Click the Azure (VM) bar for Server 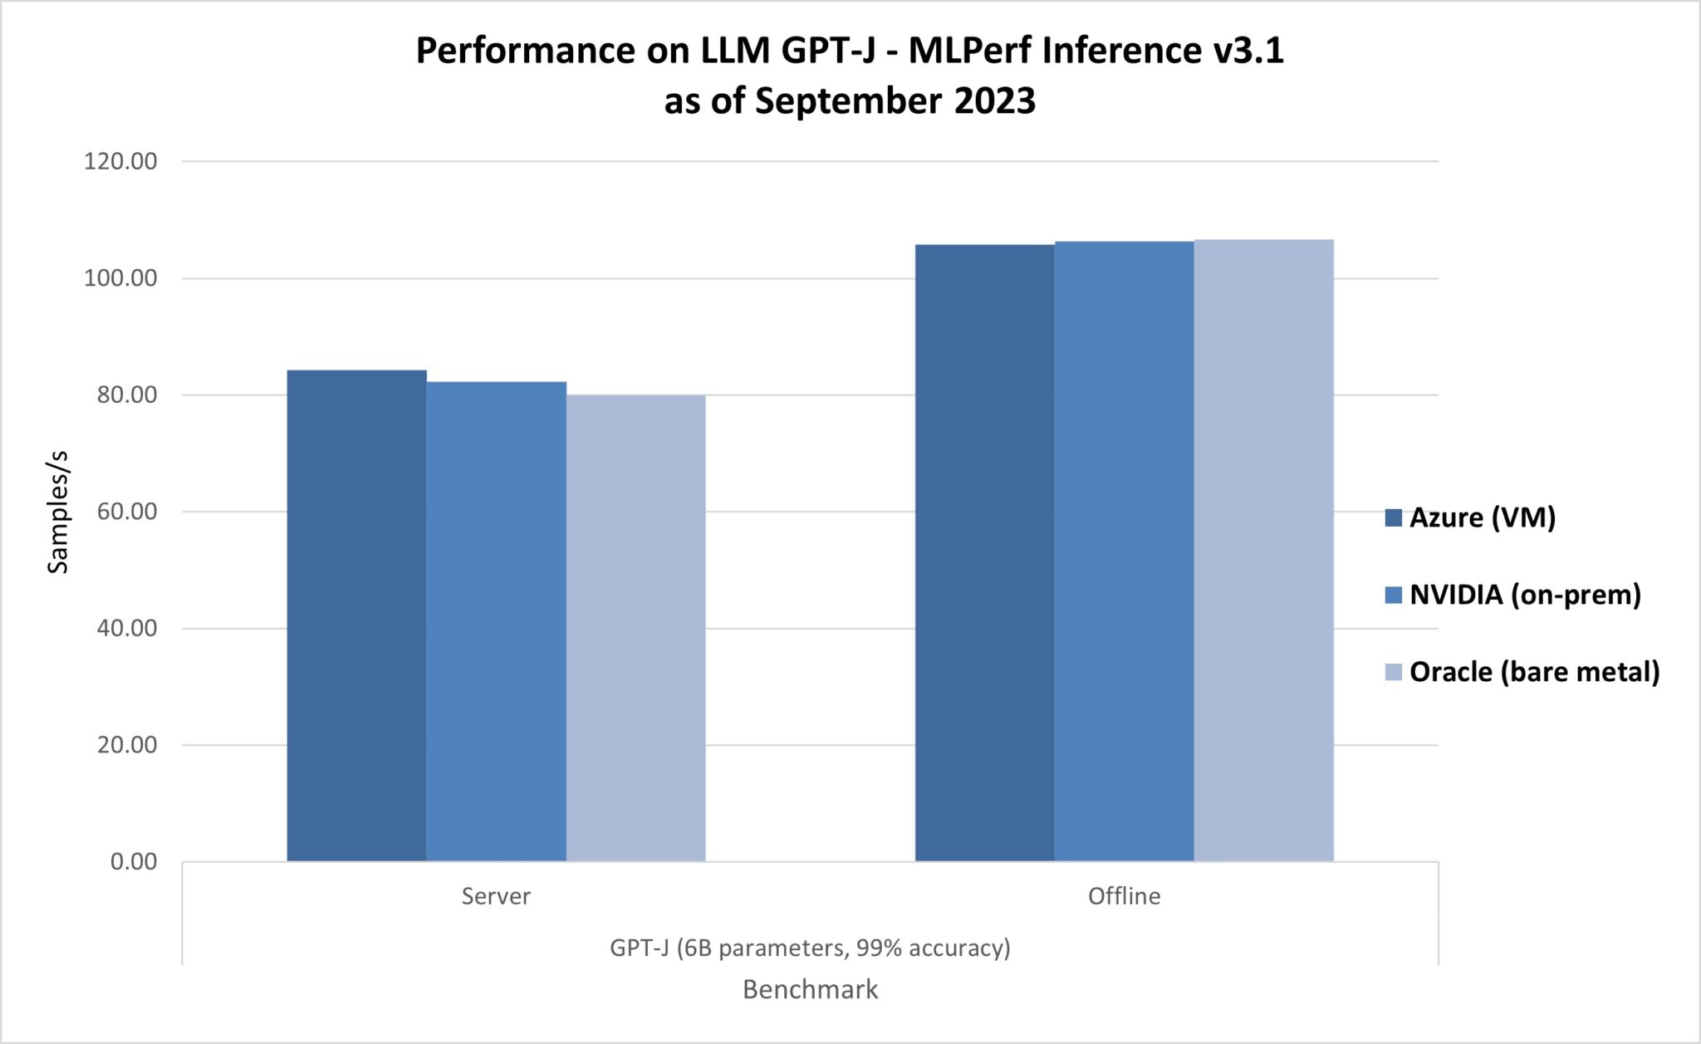(x=356, y=615)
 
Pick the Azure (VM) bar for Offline (x=984, y=552)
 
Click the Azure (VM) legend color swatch (x=1393, y=518)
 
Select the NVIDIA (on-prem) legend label (x=1525, y=595)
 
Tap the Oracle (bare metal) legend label (x=1534, y=672)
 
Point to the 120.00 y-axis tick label (x=120, y=161)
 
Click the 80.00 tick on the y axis (x=127, y=395)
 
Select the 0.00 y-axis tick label (x=134, y=862)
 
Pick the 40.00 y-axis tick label (x=127, y=629)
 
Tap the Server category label (x=496, y=896)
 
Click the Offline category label (x=1124, y=896)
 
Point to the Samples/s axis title (x=58, y=512)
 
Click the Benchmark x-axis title (x=810, y=990)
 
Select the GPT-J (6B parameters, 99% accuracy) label (x=810, y=948)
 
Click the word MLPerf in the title (x=968, y=51)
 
